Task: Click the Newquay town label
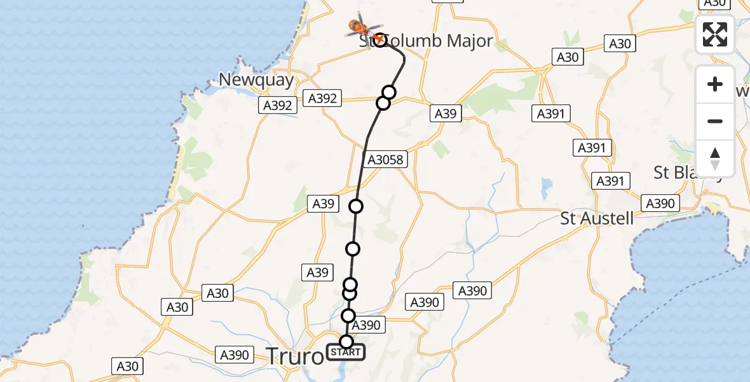(256, 80)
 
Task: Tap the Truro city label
(295, 356)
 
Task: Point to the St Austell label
(597, 218)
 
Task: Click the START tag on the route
(346, 352)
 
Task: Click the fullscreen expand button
(714, 34)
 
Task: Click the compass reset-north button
(714, 159)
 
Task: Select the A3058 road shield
(385, 159)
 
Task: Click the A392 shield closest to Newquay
(278, 105)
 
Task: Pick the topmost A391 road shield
(550, 113)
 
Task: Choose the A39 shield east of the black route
(445, 113)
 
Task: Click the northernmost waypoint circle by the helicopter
(379, 40)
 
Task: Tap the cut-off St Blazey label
(688, 173)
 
